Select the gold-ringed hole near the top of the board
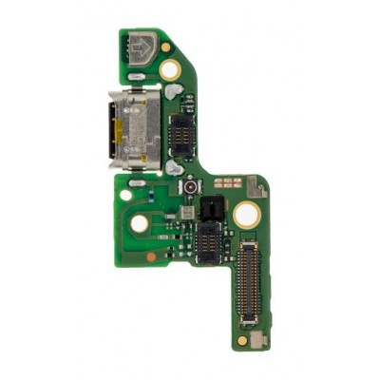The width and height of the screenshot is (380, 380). pyautogui.click(x=170, y=68)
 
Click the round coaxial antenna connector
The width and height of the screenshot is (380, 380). pyautogui.click(x=190, y=188)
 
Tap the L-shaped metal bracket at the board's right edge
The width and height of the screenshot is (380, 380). pyautogui.click(x=257, y=187)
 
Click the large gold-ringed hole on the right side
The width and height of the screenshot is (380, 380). pyautogui.click(x=245, y=215)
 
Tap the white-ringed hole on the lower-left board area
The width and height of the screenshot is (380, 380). pyautogui.click(x=139, y=223)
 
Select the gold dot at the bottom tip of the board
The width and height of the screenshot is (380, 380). pyautogui.click(x=242, y=337)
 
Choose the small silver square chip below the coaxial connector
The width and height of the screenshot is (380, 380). pyautogui.click(x=190, y=213)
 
